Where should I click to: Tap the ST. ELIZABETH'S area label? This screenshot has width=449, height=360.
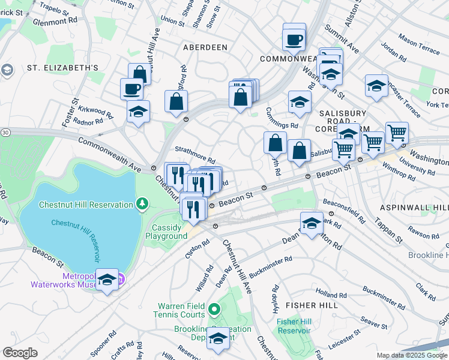pos(62,68)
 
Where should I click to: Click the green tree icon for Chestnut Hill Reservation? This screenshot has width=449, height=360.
pos(142,205)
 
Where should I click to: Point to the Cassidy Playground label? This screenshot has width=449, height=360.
pos(166,232)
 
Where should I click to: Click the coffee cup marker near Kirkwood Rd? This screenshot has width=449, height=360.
pos(131,89)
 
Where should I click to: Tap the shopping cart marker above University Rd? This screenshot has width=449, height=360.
pos(397,133)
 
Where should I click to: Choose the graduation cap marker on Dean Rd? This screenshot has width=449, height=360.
pos(311,224)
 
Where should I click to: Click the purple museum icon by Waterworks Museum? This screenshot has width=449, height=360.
pos(121,278)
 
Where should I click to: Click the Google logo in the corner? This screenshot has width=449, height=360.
pos(20,353)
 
